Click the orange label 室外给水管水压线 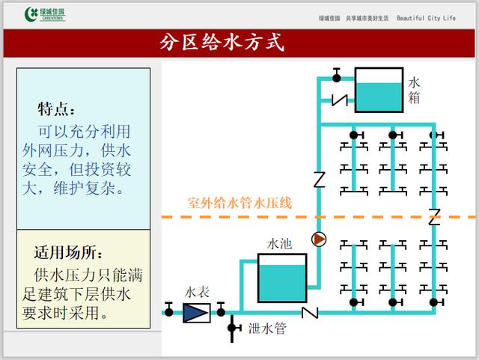tap(239, 203)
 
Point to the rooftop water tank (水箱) tap(378, 89)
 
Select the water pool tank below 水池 tap(281, 278)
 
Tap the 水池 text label tap(281, 245)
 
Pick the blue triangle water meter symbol tap(195, 311)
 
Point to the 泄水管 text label tap(268, 328)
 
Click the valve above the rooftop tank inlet tap(336, 76)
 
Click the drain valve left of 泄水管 tap(233, 328)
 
